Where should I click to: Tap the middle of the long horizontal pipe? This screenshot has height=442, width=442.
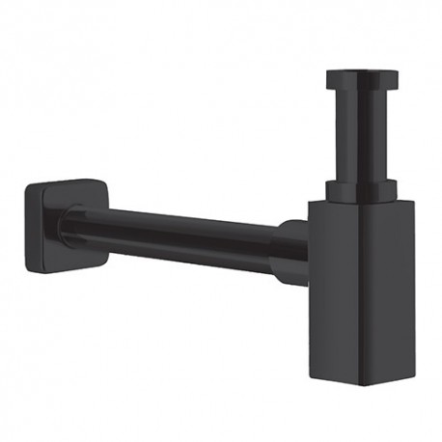183,238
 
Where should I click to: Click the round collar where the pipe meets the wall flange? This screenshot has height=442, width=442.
72,226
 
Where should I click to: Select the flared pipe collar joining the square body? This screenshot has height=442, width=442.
292,252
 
